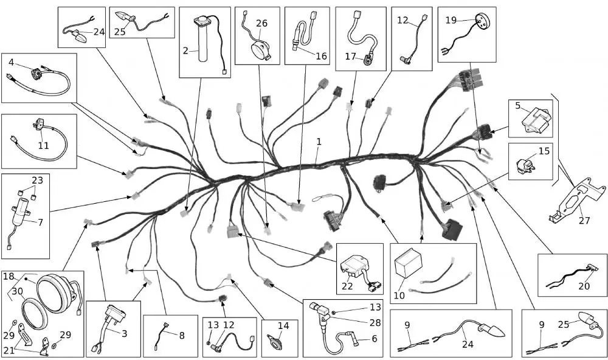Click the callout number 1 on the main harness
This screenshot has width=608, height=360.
319,142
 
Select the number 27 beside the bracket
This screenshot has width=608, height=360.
584,220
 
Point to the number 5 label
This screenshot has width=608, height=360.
518,106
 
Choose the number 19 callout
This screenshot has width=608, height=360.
451,20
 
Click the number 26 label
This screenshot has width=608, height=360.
261,23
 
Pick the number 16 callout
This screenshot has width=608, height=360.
321,56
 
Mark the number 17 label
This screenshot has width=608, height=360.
350,57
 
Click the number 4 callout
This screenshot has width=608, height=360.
11,62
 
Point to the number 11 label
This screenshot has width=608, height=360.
43,145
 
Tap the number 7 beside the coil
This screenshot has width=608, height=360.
40,223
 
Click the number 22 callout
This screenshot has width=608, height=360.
347,286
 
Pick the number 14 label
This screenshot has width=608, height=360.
283,325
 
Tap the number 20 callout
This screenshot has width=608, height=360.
584,286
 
